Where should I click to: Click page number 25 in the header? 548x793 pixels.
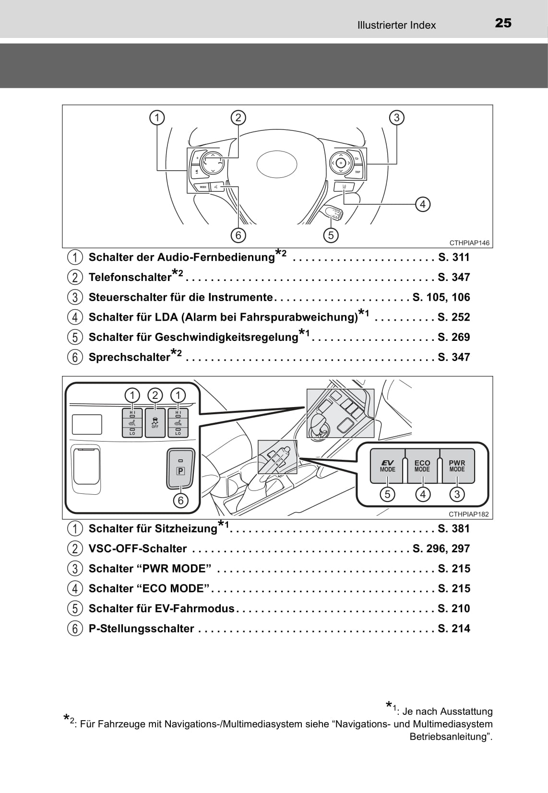pos(503,23)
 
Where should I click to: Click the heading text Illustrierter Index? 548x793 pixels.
pos(396,25)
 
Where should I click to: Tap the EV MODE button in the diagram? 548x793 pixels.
pos(387,466)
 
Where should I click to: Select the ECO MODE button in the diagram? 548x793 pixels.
pos(422,466)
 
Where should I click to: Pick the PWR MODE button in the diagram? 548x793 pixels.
pos(457,466)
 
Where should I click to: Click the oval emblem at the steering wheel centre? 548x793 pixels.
pos(277,164)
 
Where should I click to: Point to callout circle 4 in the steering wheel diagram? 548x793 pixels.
pos(422,204)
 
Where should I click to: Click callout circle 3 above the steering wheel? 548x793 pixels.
pos(396,117)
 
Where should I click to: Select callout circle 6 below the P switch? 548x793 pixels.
pos(180,501)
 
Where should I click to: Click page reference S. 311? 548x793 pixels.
pos(453,257)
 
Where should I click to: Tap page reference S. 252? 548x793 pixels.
pos(453,317)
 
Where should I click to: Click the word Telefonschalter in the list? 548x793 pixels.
pos(130,278)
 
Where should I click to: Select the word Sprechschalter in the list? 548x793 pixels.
pos(130,357)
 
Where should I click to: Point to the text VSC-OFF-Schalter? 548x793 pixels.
pos(138,549)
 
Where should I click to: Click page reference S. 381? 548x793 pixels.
pos(453,529)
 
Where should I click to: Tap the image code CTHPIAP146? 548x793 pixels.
pos(469,243)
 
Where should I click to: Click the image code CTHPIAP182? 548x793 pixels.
pos(468,514)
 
